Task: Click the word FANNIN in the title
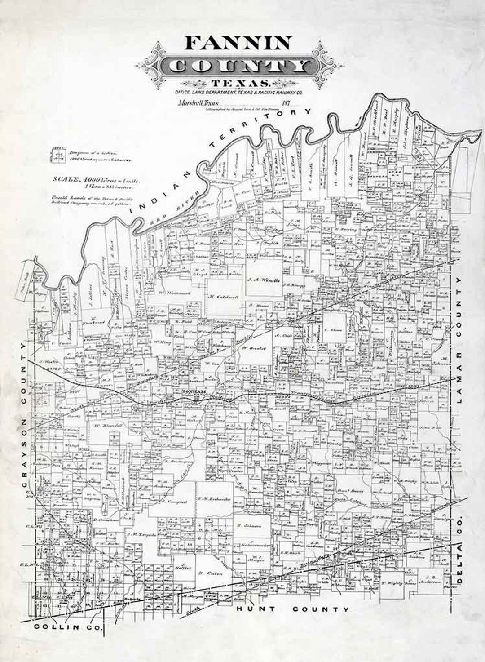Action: coord(238,43)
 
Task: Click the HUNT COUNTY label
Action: coord(293,609)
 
